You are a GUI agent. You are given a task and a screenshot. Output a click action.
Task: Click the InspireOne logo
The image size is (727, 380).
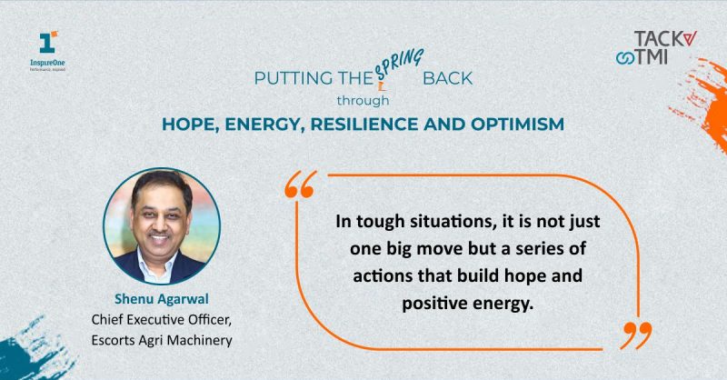[x=47, y=52]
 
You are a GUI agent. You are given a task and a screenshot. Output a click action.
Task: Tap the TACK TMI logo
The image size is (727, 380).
[x=656, y=48]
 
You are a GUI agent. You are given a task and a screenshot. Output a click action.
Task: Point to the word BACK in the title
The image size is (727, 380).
[x=447, y=78]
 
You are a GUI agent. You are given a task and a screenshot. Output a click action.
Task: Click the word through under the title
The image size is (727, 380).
[x=363, y=100]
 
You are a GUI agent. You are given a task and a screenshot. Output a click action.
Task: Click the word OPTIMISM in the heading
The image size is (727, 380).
[x=517, y=124]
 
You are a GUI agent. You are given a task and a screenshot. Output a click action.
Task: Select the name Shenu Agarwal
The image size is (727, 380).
[x=162, y=299]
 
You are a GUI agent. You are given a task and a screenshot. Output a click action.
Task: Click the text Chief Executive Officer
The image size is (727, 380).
[x=162, y=319]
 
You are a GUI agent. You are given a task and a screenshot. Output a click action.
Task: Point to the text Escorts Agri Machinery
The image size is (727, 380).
[x=162, y=340]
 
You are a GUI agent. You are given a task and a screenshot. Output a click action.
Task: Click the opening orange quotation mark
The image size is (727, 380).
[x=301, y=185]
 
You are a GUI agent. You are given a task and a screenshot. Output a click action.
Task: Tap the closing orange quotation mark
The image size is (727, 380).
[x=636, y=335]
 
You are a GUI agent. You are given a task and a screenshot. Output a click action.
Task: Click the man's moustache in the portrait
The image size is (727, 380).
[x=160, y=233]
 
